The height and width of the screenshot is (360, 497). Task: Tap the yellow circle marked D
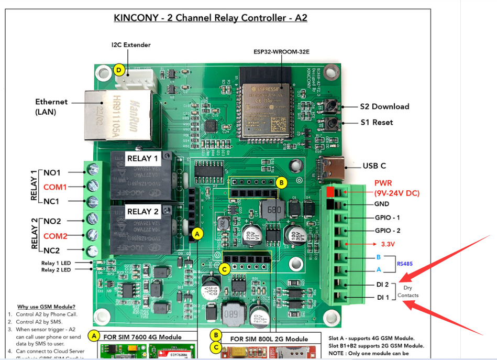120,70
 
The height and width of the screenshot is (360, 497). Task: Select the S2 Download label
384,106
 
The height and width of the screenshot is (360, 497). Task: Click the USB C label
374,166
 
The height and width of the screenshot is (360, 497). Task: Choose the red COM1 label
55,187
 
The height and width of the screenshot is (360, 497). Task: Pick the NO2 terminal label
52,222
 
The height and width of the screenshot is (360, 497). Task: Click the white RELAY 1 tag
142,158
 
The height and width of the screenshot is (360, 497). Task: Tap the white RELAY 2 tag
142,212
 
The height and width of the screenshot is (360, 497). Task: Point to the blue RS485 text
405,264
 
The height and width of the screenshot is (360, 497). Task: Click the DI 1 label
383,298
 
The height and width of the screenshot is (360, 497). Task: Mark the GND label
381,204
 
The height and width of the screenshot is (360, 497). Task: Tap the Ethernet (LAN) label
51,106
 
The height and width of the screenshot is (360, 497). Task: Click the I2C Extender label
131,45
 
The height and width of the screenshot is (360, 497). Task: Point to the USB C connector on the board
333,166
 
